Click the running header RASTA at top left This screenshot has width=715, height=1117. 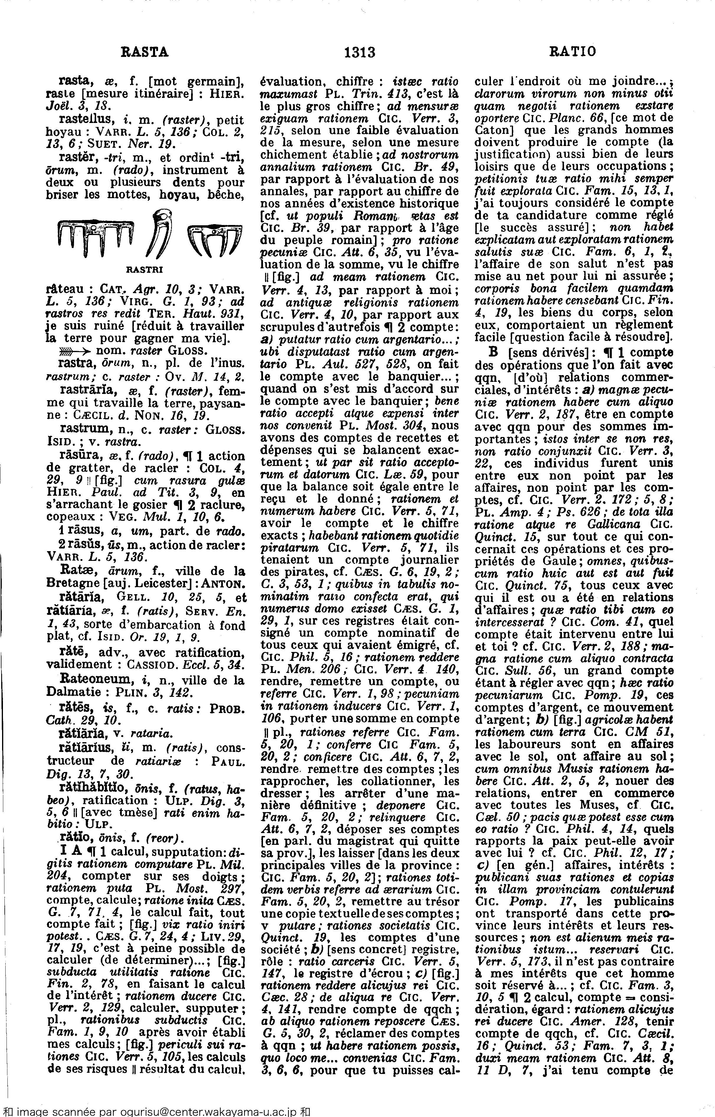[x=144, y=52]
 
